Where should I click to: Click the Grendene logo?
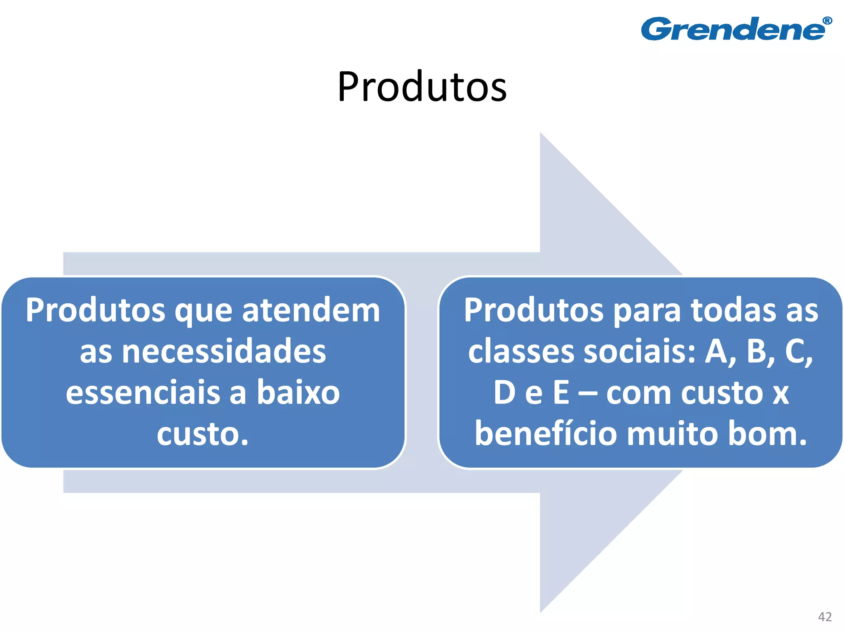pos(734,29)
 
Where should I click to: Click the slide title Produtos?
pos(422,87)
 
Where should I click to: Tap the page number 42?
pos(825,617)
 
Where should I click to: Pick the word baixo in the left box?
pos(298,392)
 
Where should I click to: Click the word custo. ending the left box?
pos(203,434)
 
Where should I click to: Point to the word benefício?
pos(546,434)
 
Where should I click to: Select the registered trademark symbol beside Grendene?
pos(827,21)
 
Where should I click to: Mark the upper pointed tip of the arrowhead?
pos(541,134)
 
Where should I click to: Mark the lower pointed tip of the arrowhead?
pos(541,612)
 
